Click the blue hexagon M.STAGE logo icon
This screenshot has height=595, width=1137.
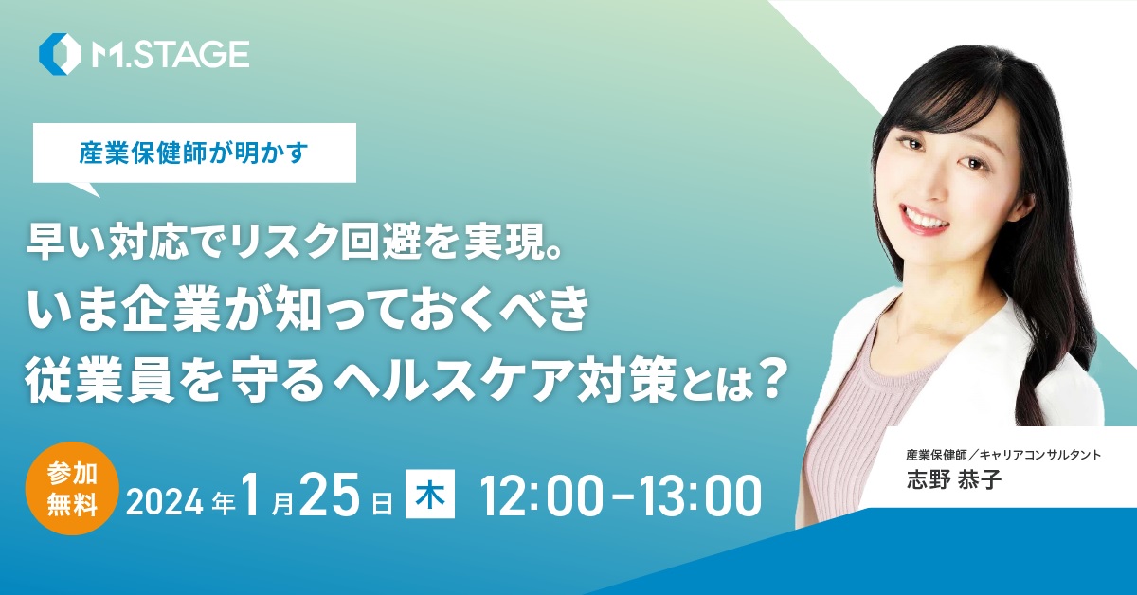click(x=60, y=54)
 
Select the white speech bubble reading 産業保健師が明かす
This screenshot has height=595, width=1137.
click(x=194, y=153)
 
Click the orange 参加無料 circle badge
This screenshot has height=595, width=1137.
click(x=72, y=488)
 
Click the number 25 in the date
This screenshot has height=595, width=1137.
click(x=329, y=494)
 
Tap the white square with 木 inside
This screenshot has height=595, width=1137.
click(x=430, y=494)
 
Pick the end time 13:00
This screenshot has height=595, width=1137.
click(x=699, y=496)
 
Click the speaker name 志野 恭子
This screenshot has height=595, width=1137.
click(x=954, y=479)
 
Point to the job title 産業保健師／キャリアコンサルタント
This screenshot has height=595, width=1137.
click(x=1003, y=455)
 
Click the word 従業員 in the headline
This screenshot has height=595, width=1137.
click(x=83, y=380)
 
